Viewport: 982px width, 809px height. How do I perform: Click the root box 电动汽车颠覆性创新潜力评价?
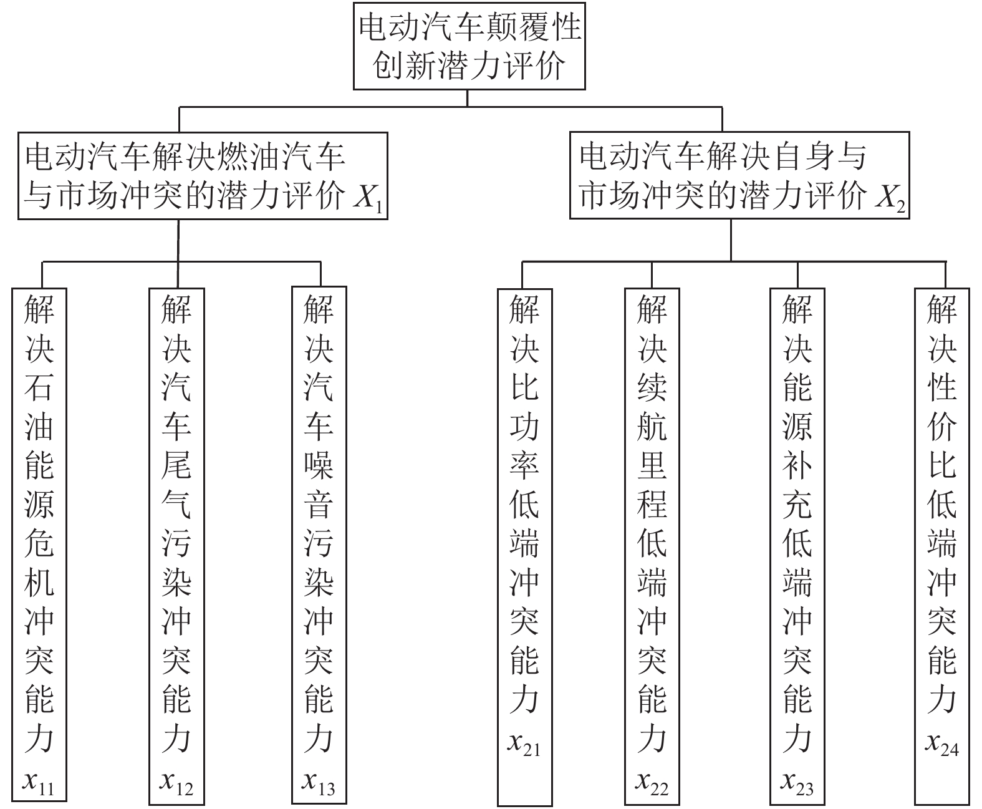(469, 46)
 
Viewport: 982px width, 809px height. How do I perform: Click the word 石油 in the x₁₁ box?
(39, 407)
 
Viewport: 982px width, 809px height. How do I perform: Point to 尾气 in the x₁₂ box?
(176, 484)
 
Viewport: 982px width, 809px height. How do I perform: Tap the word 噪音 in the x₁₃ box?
(319, 484)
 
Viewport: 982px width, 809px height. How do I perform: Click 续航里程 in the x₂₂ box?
(652, 445)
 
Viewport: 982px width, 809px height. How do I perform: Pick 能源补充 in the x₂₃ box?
(797, 445)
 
